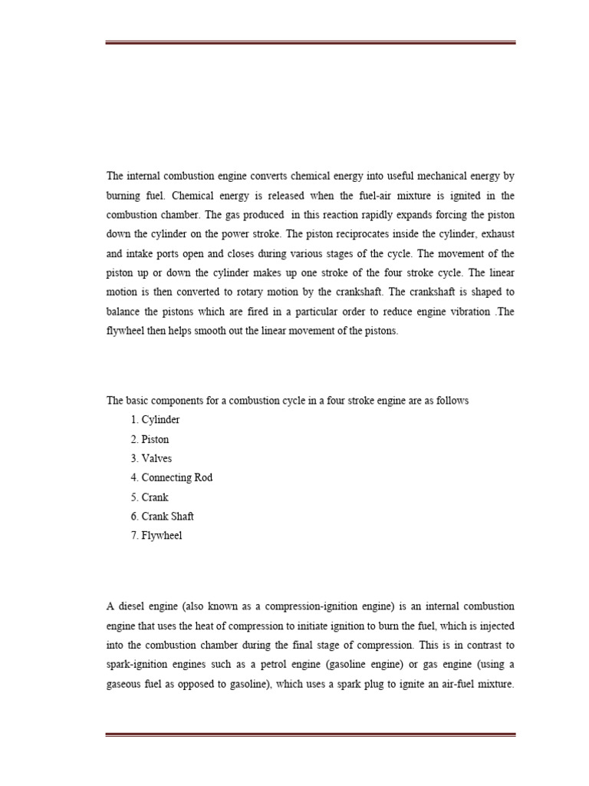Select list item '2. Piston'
click(x=150, y=439)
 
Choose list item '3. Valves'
click(x=151, y=458)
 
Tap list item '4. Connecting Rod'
click(x=171, y=477)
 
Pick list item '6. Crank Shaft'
click(x=162, y=517)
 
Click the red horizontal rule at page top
click(x=311, y=42)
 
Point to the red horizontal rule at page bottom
click(x=311, y=735)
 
